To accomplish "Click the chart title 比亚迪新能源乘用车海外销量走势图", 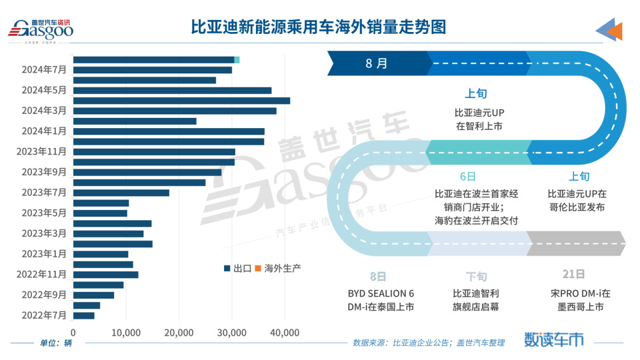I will click(x=318, y=27).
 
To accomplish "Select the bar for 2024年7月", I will click(x=153, y=70).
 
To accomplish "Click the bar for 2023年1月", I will click(x=101, y=254).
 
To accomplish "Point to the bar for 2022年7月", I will click(x=84, y=315).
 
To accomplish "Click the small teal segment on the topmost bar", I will click(x=237, y=60).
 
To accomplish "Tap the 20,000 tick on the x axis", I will click(x=179, y=332).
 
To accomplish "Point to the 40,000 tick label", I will click(x=285, y=332).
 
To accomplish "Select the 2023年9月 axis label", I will click(x=44, y=172).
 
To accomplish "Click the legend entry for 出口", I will click(x=238, y=268).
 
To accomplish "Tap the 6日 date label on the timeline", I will click(x=468, y=177).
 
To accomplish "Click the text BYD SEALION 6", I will click(x=381, y=293).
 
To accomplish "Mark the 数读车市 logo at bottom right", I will click(x=555, y=339).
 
